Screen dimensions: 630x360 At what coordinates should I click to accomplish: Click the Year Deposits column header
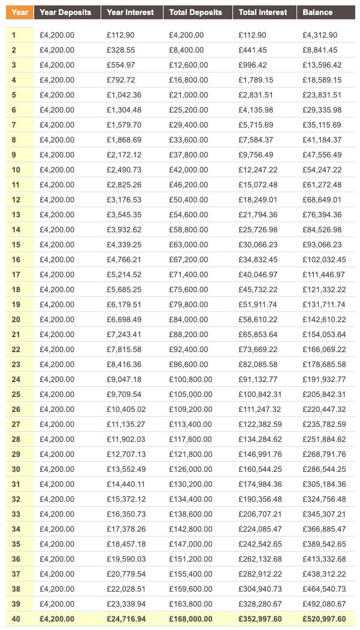[65, 12]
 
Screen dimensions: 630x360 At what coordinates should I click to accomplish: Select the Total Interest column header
[262, 12]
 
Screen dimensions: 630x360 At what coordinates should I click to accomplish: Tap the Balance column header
[317, 12]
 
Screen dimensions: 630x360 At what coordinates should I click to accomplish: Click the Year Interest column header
[130, 12]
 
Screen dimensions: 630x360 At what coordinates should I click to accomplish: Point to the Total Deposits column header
[195, 12]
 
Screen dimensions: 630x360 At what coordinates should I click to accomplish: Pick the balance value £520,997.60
[324, 619]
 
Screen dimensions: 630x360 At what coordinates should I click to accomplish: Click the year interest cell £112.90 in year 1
[122, 35]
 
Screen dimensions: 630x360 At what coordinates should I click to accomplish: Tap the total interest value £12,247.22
[258, 170]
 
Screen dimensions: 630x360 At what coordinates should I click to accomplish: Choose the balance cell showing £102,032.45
[324, 259]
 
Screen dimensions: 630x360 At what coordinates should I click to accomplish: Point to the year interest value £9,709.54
[124, 394]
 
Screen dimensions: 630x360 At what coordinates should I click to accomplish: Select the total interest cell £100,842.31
[260, 394]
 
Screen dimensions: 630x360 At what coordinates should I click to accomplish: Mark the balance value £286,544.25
[324, 469]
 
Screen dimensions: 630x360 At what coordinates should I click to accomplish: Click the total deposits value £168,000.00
[193, 619]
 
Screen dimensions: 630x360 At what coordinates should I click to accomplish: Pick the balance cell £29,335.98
[322, 110]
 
